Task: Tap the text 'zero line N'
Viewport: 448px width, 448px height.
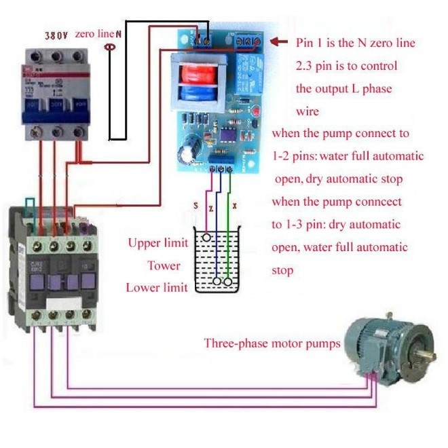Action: (x=99, y=33)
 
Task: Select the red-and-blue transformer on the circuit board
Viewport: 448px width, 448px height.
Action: (x=197, y=79)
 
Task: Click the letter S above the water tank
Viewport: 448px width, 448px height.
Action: (x=196, y=206)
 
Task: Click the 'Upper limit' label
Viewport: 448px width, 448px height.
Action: (x=154, y=243)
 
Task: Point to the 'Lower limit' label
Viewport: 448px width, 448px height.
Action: (x=157, y=287)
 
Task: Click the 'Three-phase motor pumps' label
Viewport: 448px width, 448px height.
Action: (x=272, y=343)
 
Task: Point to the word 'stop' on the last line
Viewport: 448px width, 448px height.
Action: (x=283, y=270)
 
